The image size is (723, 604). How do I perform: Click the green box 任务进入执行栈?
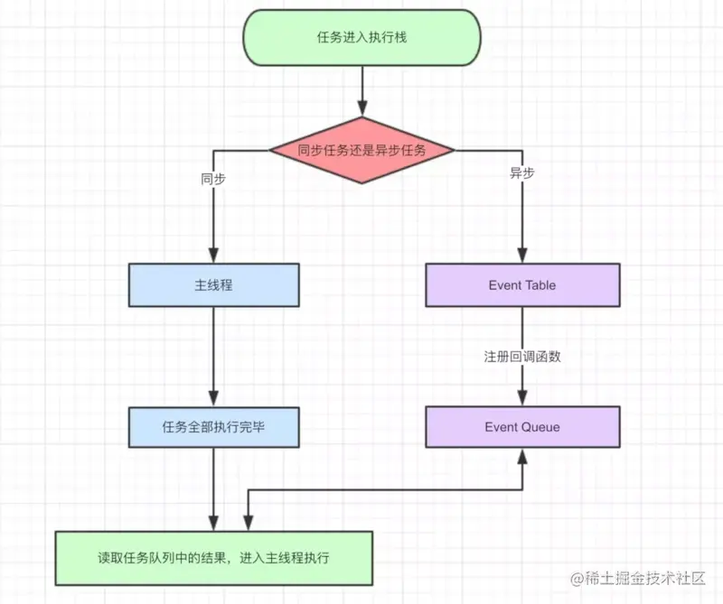tap(361, 38)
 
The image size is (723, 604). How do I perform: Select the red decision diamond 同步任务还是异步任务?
tap(361, 151)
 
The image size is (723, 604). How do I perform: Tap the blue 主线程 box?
tap(213, 285)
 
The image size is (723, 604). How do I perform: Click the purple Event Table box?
tap(522, 285)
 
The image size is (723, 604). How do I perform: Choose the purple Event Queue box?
tap(522, 426)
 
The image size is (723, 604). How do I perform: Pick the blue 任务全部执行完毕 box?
tap(213, 426)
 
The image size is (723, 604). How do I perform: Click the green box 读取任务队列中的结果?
tap(213, 558)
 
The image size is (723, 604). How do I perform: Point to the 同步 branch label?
tap(213, 179)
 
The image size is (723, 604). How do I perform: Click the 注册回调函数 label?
tap(522, 357)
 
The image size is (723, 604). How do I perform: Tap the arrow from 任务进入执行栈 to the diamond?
tap(361, 90)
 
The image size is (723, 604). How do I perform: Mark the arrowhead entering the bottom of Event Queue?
tap(522, 455)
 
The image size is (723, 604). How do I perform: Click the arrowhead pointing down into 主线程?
tap(213, 256)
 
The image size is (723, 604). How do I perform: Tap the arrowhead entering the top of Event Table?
tap(522, 256)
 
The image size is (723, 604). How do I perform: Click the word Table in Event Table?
tap(540, 285)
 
